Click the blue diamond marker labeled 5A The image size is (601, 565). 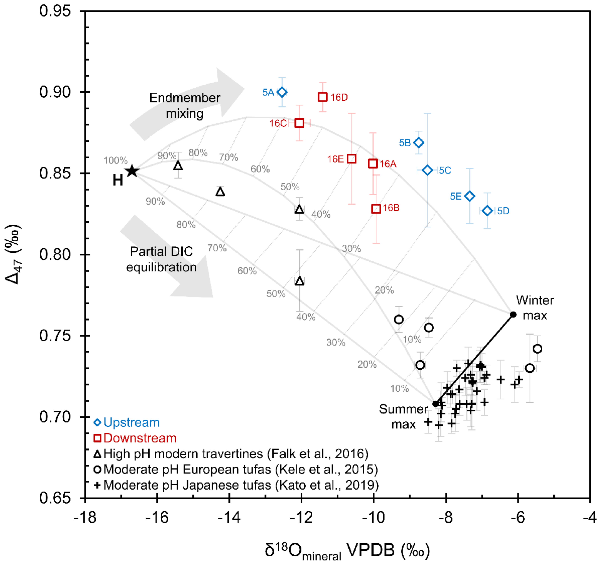click(x=282, y=92)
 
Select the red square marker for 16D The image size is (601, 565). click(x=323, y=97)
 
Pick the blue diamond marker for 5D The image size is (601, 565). click(x=487, y=211)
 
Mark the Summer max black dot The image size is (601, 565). click(x=435, y=404)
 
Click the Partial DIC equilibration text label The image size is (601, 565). click(x=161, y=259)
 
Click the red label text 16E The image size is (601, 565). click(x=335, y=159)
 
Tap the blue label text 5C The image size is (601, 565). click(x=445, y=170)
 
